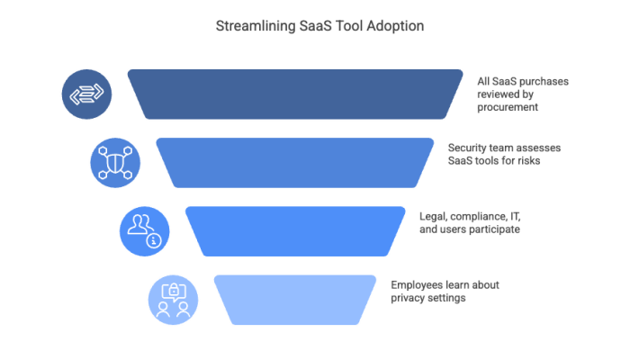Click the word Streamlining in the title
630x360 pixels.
tap(255, 27)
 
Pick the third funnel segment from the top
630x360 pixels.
tap(295, 230)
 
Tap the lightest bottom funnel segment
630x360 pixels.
tap(295, 299)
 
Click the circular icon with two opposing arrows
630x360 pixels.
tap(87, 94)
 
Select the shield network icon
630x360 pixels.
tap(115, 162)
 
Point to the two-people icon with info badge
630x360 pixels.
tap(144, 230)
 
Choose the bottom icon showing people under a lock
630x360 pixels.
tap(173, 299)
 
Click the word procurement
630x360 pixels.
tap(508, 107)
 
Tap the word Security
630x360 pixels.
tap(467, 148)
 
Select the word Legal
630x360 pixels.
tap(436, 216)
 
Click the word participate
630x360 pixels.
tap(494, 229)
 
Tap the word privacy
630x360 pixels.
tap(408, 297)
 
